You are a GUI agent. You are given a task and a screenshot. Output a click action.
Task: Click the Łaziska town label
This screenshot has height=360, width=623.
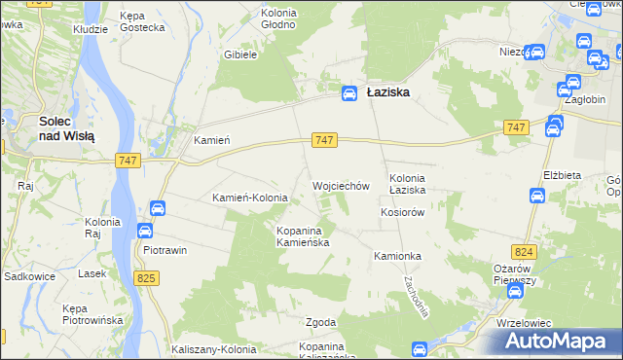(387, 92)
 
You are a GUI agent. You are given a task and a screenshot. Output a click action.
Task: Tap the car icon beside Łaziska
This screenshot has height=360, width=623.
(348, 92)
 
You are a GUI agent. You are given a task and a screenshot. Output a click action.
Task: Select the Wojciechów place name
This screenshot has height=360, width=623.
(341, 185)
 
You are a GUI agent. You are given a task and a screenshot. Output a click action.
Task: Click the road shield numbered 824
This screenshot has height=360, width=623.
(526, 252)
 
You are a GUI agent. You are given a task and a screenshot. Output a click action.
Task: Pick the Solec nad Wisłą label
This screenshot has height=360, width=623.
(67, 129)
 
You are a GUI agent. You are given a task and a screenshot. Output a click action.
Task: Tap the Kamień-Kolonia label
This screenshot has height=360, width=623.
(250, 198)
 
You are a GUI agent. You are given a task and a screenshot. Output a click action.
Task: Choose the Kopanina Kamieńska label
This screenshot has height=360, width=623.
(306, 236)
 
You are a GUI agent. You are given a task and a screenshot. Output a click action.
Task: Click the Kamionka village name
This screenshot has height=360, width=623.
(396, 256)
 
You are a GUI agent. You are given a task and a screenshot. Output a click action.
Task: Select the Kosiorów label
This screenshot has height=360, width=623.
(404, 212)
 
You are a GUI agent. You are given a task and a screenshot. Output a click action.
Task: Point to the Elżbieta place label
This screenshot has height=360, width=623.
(562, 175)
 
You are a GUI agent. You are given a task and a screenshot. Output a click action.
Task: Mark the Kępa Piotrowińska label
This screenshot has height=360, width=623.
(91, 314)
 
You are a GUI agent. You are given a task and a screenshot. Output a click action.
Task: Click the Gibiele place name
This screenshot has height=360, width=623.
(239, 55)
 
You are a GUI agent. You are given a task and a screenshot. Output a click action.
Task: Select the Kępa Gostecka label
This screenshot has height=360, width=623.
(141, 21)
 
